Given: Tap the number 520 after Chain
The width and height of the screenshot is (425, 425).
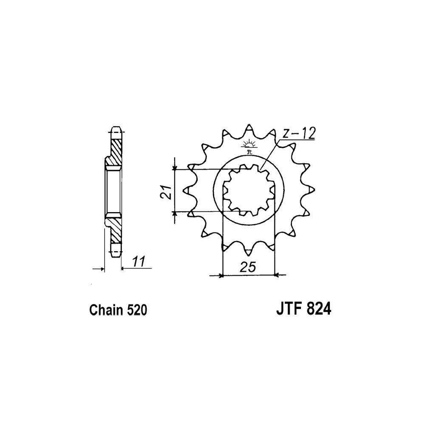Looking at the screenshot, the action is point(136,310).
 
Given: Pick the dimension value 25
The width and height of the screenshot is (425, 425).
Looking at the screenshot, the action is point(247,267).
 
